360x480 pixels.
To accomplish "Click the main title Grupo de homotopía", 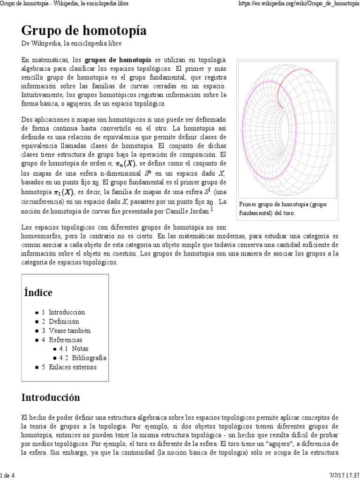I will (x=84, y=31).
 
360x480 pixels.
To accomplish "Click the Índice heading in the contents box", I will (x=38, y=292).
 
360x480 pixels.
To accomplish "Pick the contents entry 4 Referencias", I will (x=61, y=340).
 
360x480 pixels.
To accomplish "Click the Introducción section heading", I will (x=51, y=397).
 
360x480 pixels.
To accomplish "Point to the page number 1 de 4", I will (x=8, y=476).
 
